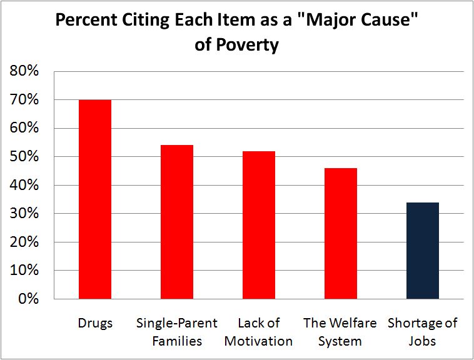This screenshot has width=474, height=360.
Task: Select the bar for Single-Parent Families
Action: coord(177,222)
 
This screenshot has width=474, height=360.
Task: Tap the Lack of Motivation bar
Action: coord(258,225)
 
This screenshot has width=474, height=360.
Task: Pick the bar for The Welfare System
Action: coord(340,233)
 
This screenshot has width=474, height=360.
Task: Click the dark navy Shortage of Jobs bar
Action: coord(423,251)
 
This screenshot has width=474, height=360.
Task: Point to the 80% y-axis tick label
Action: coord(25,71)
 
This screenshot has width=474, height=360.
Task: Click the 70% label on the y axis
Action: coord(25,100)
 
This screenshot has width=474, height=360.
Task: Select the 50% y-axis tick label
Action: coord(25,157)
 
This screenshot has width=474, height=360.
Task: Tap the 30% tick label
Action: coord(25,214)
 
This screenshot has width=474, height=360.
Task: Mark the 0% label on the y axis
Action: coord(29,299)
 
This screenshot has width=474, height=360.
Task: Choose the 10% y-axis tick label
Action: coord(25,271)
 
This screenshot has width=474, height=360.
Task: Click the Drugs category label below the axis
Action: coord(95,323)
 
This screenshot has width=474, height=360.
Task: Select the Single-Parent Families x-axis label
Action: coord(177,332)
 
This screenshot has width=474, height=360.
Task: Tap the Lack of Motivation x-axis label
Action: coord(258,332)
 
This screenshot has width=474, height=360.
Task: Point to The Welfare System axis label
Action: coord(340,332)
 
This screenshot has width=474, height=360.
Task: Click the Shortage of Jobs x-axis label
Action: coord(423,332)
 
